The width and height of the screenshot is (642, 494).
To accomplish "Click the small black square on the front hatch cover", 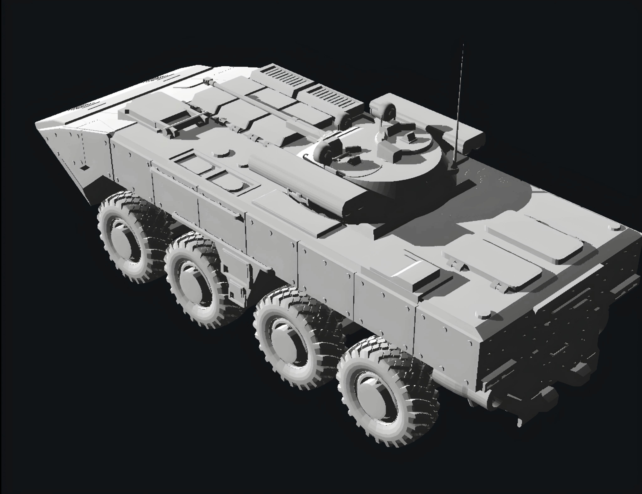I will pyautogui.click(x=127, y=111).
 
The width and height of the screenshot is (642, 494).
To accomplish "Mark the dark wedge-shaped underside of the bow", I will pyautogui.click(x=97, y=188).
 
